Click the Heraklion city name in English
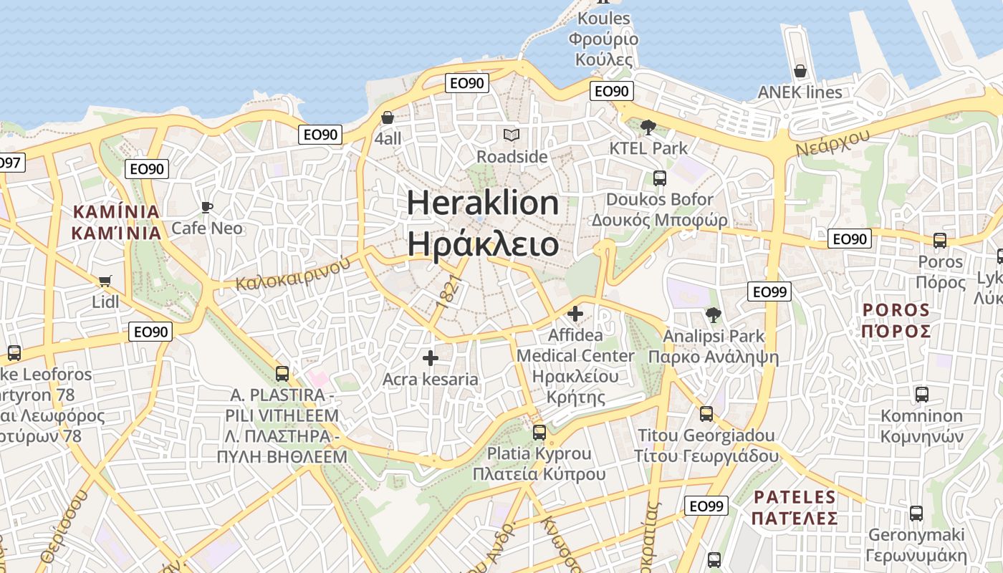click(483, 203)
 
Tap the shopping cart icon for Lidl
click(105, 281)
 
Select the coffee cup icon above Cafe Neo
click(207, 208)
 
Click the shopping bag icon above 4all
click(388, 117)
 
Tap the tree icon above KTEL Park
click(648, 127)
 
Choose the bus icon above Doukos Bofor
click(659, 178)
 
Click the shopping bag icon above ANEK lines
click(800, 71)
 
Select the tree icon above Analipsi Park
click(713, 314)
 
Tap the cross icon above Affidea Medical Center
click(575, 314)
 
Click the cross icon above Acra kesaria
click(430, 358)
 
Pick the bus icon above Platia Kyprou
click(539, 433)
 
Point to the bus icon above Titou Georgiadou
click(706, 414)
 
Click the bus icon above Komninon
click(921, 395)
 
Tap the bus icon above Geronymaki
click(916, 514)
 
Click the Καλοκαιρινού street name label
click(293, 273)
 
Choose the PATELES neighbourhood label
click(795, 497)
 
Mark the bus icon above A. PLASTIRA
click(282, 374)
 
